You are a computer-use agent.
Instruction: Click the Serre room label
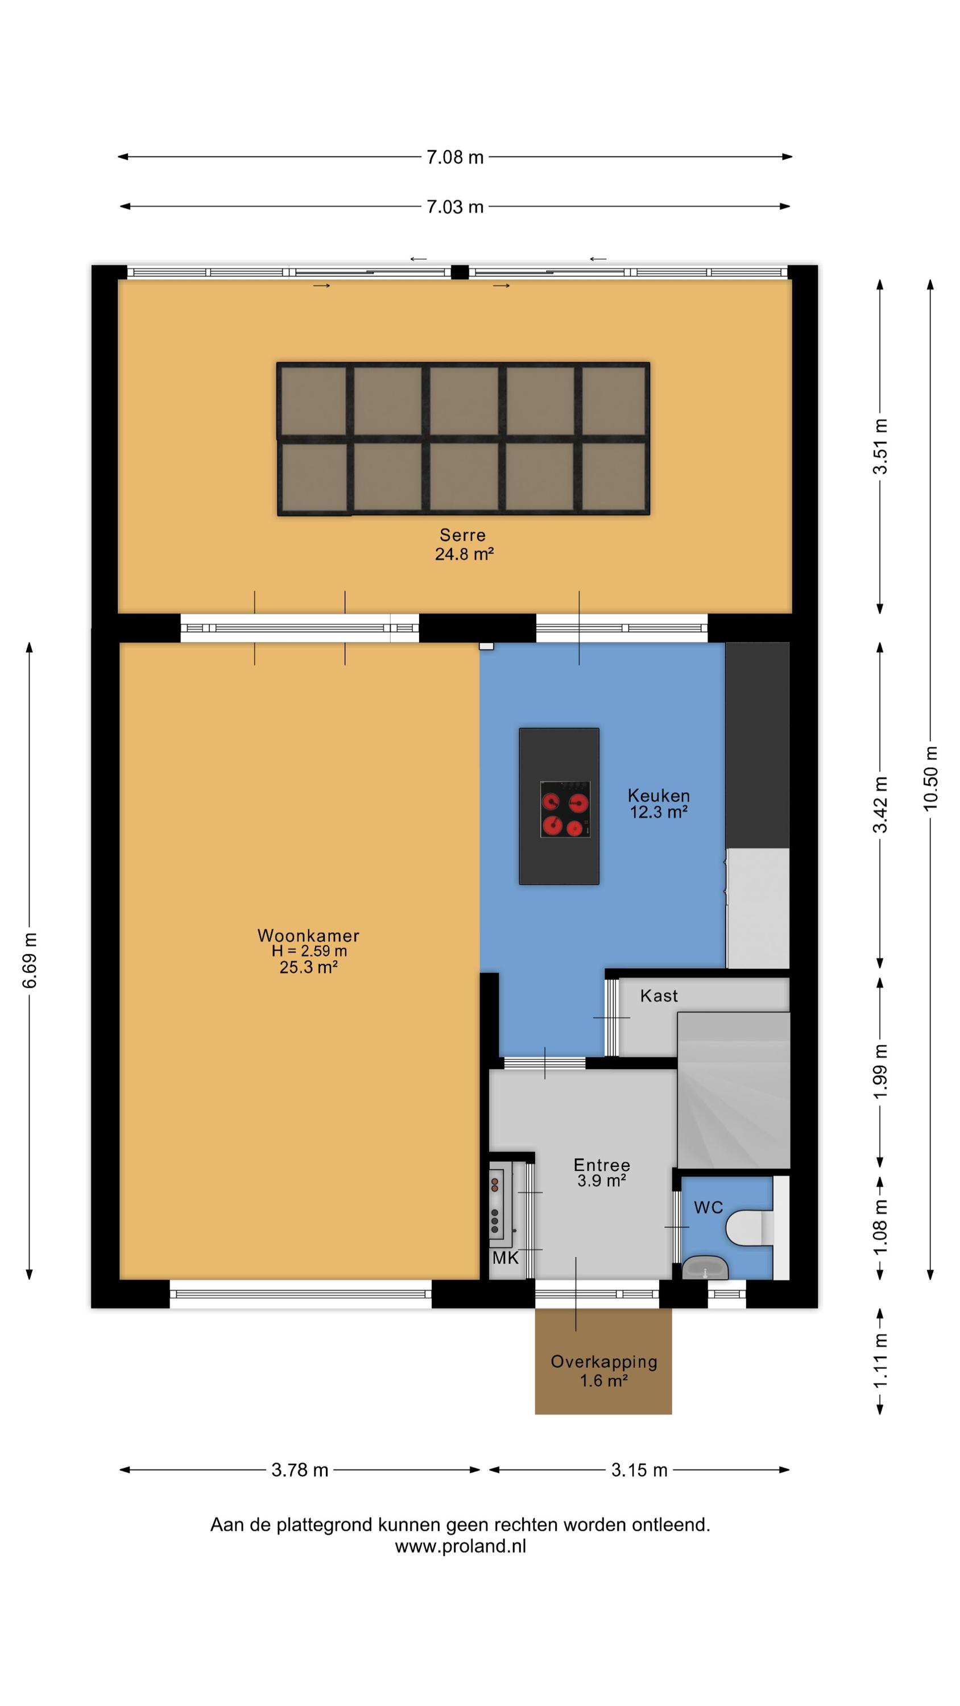(x=462, y=535)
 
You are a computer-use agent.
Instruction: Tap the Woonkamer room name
(x=308, y=936)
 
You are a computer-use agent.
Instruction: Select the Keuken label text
(x=659, y=796)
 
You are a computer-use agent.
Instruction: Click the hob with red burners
(x=565, y=809)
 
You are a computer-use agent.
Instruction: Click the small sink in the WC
(x=705, y=1268)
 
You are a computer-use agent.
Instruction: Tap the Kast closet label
(x=659, y=995)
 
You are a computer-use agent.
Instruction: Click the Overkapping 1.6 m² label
(x=603, y=1371)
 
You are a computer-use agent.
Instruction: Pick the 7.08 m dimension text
(x=454, y=157)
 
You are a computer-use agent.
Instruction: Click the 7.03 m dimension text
(x=454, y=206)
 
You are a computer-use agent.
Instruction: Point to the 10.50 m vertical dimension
(x=930, y=777)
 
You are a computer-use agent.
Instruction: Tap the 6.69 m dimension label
(x=29, y=960)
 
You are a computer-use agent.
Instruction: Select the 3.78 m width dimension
(x=300, y=1470)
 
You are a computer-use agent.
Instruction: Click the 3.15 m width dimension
(x=639, y=1470)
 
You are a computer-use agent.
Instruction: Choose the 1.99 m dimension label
(x=880, y=1071)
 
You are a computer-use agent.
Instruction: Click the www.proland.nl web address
(x=461, y=1546)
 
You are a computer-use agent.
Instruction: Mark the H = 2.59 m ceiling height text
(x=309, y=951)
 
